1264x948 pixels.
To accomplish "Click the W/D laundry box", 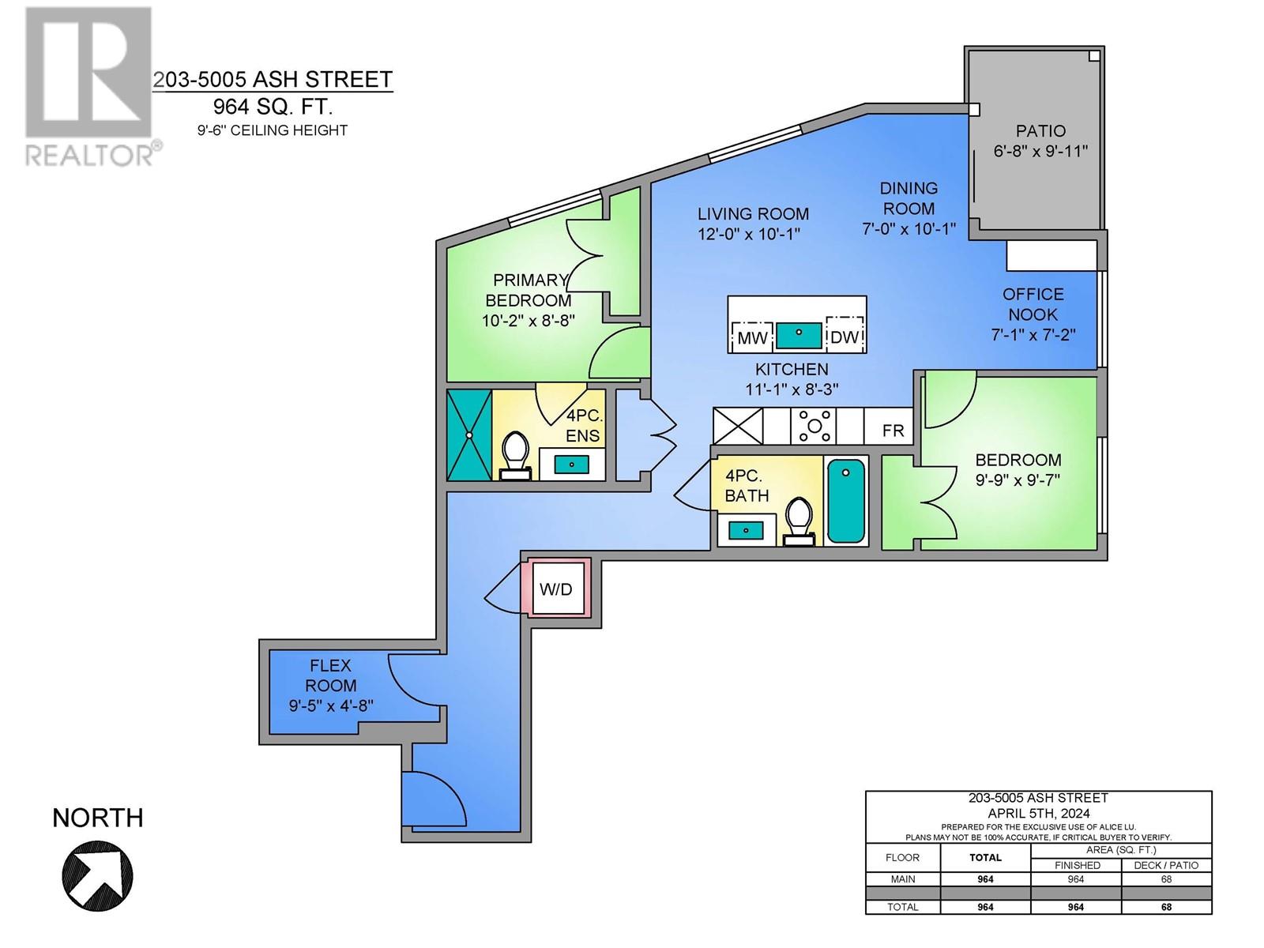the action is pos(555,589).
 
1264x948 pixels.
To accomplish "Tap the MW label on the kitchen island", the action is pos(752,338).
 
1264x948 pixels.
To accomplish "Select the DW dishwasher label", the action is pos(844,337).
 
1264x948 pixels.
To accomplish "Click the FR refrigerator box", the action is pos(893,430).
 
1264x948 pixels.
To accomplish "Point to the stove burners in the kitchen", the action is pos(814,426).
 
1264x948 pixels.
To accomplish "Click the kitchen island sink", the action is pos(799,336).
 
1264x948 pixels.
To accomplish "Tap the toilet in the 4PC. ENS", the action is pos(515,456).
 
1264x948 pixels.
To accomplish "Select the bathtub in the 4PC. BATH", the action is pos(846,502).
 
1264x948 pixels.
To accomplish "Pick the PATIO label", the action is pos(1040,131).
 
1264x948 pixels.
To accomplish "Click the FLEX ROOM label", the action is pos(330,675).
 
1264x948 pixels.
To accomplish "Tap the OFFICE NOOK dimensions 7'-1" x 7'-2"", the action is pos(1033,334).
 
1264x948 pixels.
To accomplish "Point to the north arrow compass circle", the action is pos(98,875).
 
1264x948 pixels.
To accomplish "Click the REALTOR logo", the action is pos(89,86).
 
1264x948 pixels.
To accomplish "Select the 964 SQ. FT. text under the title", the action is pos(273,107).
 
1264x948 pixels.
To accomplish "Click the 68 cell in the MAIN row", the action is pos(1166,879).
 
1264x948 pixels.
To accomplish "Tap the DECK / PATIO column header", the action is pos(1166,865).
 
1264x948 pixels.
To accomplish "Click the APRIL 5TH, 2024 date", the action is pos(1038,814).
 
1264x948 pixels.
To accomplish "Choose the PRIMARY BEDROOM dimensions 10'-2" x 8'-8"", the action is pos(528,320).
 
